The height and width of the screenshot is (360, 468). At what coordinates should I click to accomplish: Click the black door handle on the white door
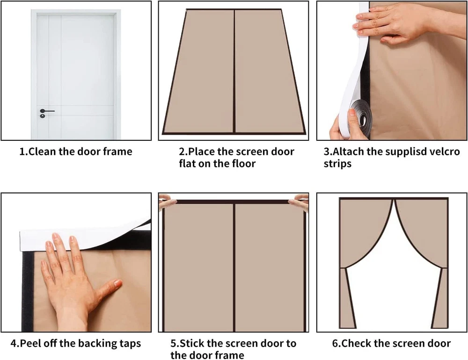pyautogui.click(x=47, y=111)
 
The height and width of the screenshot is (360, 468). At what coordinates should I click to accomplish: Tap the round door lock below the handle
pyautogui.click(x=43, y=116)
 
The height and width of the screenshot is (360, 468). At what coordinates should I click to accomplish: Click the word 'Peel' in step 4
pyautogui.click(x=30, y=343)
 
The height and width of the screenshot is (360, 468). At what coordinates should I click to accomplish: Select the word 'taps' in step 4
pyautogui.click(x=130, y=344)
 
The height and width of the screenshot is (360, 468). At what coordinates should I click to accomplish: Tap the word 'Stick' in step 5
pyautogui.click(x=192, y=343)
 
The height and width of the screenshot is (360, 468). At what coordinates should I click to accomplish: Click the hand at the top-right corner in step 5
pyautogui.click(x=300, y=202)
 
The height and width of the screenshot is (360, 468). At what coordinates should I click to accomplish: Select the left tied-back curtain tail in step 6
pyautogui.click(x=348, y=298)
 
